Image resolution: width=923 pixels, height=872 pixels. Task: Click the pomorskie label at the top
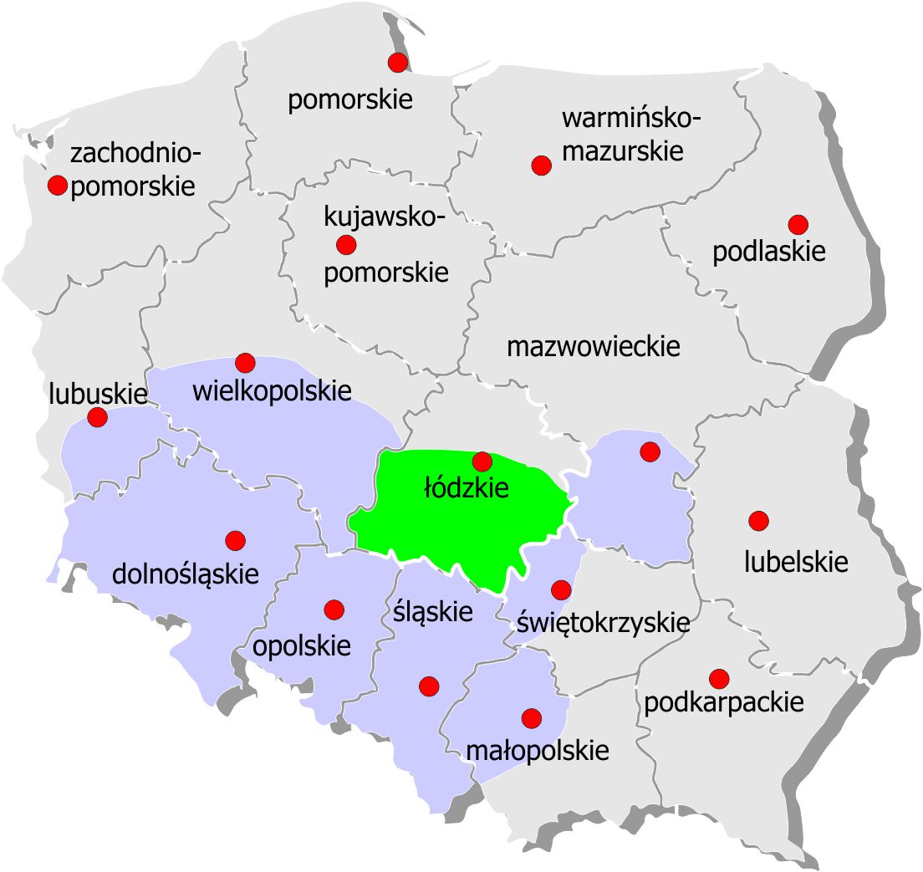point(350,100)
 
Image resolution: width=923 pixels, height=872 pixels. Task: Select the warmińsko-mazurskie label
point(631,135)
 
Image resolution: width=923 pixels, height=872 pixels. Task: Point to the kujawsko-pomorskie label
point(385,245)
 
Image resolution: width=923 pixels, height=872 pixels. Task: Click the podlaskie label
point(769,252)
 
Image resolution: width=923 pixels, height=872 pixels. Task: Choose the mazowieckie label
point(594,346)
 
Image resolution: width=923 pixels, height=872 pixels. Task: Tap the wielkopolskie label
point(272,390)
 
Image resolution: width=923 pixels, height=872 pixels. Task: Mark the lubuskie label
point(99,393)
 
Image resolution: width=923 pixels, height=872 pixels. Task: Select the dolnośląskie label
point(186,574)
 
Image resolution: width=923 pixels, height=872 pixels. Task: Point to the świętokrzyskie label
point(603,622)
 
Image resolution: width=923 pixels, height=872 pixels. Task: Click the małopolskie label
point(537,750)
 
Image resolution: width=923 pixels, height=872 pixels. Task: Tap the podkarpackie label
point(724,702)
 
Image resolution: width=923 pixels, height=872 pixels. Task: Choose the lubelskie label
point(796,562)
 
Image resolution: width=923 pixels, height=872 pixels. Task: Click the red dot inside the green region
point(482,461)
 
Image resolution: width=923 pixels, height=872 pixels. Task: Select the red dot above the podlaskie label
point(798,224)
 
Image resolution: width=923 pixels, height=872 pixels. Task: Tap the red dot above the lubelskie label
point(758,521)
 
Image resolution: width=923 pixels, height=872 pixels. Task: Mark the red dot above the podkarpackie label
point(718,678)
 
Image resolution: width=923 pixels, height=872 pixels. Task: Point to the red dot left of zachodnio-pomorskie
point(57,186)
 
